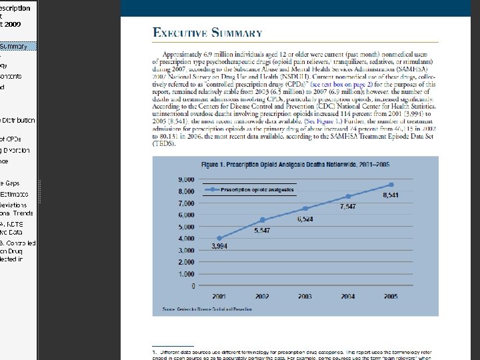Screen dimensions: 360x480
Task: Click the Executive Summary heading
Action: click(x=207, y=33)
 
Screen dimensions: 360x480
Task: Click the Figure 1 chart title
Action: click(x=287, y=164)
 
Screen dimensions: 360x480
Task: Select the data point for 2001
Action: click(x=219, y=238)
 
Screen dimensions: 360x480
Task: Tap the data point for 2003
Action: click(x=305, y=209)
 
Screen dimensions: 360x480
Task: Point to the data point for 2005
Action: click(x=391, y=185)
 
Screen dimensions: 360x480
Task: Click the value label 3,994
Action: click(x=221, y=247)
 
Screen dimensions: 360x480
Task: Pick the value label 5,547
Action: click(x=262, y=230)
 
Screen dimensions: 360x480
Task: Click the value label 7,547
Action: click(x=348, y=207)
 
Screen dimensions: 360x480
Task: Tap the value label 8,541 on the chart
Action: click(x=391, y=195)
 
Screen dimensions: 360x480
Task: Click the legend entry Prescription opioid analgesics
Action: click(x=257, y=189)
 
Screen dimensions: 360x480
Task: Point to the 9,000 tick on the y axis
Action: click(x=186, y=179)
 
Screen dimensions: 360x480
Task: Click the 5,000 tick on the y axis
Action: click(x=186, y=227)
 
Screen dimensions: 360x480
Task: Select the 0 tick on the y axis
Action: click(x=193, y=286)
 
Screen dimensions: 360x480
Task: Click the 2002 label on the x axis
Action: click(x=262, y=295)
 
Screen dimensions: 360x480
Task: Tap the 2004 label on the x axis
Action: click(x=348, y=295)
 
